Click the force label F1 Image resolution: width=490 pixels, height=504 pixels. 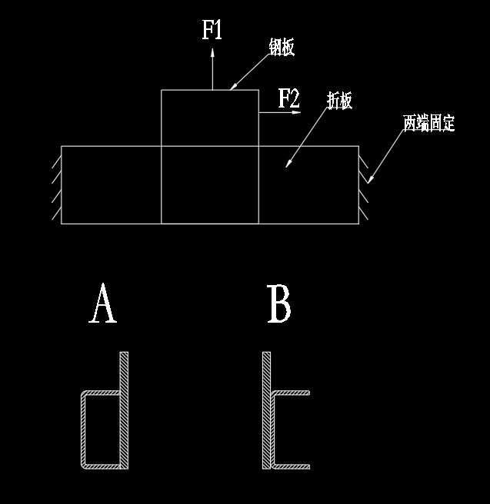[212, 31]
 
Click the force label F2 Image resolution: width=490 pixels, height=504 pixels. [288, 98]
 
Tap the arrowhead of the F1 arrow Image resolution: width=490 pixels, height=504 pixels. [212, 52]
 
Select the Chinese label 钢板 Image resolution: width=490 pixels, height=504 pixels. [281, 48]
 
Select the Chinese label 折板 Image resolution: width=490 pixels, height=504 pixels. [339, 101]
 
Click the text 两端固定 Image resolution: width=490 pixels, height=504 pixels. [429, 123]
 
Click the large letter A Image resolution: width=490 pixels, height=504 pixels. [103, 304]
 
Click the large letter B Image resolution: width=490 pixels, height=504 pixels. [278, 304]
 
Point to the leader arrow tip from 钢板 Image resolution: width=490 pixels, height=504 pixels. [232, 89]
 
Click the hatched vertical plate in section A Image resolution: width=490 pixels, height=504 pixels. [123, 410]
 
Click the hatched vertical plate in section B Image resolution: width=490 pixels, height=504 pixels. [266, 410]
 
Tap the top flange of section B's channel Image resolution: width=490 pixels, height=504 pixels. [292, 393]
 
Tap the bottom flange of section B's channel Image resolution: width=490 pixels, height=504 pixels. [292, 466]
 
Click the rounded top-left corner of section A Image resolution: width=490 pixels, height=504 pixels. [84, 395]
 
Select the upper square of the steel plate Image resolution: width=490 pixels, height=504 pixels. [210, 118]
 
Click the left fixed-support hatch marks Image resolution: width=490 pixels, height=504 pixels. [56, 184]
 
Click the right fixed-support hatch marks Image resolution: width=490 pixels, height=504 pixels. [363, 184]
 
